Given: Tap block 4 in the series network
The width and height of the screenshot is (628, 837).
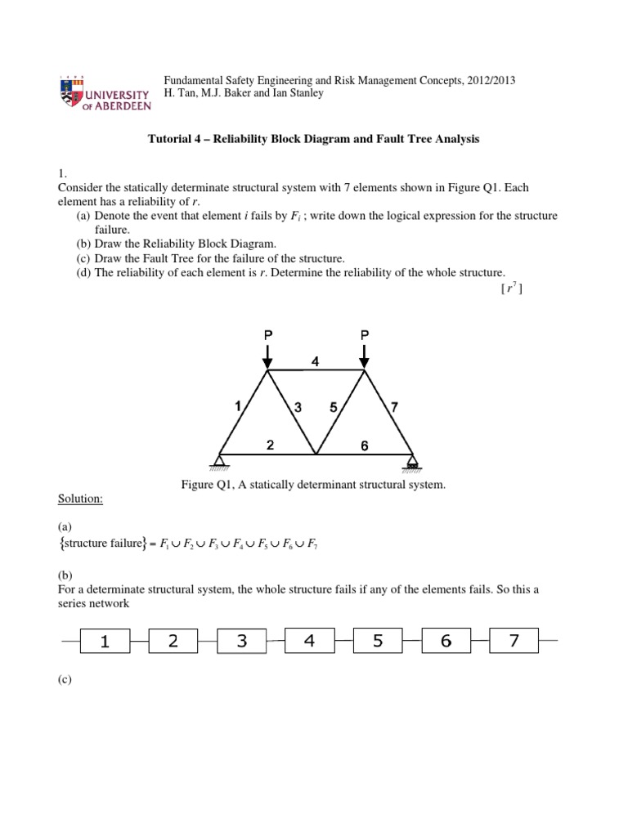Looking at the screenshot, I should tap(309, 642).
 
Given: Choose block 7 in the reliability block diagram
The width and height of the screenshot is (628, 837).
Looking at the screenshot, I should tap(514, 642).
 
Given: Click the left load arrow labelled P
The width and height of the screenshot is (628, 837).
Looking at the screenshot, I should tap(267, 353).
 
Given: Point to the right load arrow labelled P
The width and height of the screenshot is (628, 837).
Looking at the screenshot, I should tap(365, 353).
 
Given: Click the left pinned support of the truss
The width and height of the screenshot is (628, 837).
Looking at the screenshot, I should tap(220, 463).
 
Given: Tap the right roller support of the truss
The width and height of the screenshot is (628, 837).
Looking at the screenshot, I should tap(412, 463).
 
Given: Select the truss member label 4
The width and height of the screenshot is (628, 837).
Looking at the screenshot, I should tap(316, 361).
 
